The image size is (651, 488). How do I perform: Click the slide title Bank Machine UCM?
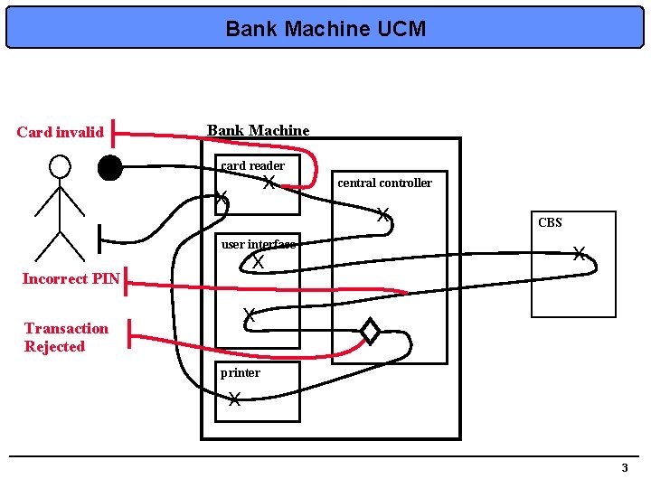[325, 29]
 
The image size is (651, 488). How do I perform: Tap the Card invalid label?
[61, 133]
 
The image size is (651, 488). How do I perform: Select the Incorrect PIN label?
[71, 278]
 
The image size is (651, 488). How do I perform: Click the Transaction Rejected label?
[66, 337]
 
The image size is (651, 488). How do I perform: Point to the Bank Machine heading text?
[259, 131]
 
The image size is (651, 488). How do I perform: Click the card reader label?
[253, 165]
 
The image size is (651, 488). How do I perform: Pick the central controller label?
[384, 183]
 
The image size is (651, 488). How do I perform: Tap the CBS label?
[550, 222]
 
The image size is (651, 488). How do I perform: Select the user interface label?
[258, 244]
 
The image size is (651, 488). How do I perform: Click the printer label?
[241, 372]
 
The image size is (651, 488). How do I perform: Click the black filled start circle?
[110, 168]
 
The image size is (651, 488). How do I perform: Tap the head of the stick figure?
[60, 166]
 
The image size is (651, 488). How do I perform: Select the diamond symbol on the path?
[370, 332]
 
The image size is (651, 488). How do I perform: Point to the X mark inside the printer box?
[234, 399]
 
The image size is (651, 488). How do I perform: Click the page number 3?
[624, 467]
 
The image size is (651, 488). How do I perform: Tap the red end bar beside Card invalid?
[116, 134]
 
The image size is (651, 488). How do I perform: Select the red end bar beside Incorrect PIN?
[124, 280]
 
